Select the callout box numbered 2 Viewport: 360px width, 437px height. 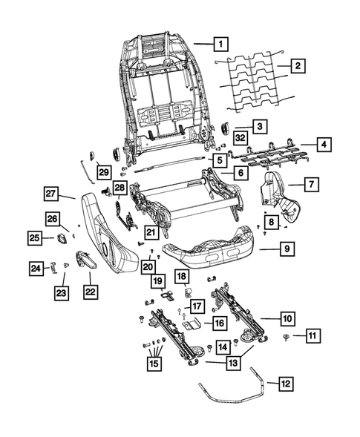295,66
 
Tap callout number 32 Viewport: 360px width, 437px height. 240,139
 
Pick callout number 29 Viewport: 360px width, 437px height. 102,171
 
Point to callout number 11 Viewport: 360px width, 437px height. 314,337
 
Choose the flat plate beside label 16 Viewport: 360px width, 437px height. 191,324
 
